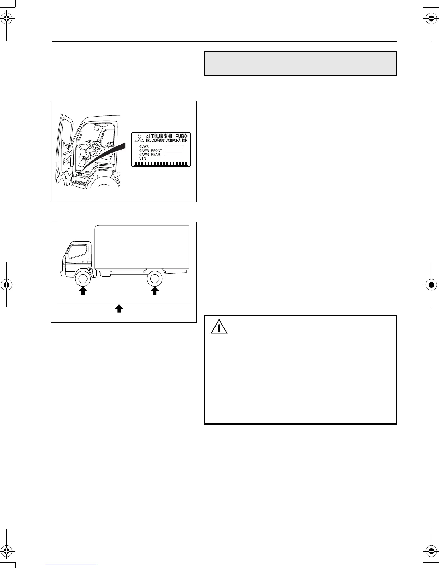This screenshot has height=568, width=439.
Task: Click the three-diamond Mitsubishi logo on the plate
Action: [x=139, y=138]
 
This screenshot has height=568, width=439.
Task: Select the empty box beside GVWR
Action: [x=174, y=147]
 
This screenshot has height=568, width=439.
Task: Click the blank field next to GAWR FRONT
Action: [x=174, y=151]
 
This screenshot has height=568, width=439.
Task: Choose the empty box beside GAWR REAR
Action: [x=174, y=155]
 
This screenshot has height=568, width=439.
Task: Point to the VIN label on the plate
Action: [x=143, y=158]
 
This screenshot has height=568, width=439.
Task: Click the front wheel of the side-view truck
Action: [x=83, y=279]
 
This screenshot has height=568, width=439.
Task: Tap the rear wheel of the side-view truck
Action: [x=155, y=279]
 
